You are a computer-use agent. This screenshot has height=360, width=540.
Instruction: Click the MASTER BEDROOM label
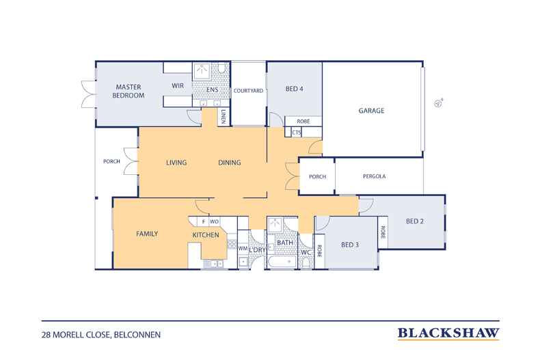128,92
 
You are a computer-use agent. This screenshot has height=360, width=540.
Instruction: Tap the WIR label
178,85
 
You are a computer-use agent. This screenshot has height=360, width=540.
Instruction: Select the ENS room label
212,89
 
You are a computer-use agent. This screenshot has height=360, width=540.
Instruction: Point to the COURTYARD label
248,91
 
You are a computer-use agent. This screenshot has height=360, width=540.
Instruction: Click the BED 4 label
295,89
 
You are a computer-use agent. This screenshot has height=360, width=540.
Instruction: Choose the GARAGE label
371,111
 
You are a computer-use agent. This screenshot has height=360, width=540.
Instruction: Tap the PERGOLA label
375,176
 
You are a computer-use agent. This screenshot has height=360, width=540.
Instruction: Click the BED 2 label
415,221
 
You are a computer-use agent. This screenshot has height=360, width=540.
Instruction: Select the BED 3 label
350,245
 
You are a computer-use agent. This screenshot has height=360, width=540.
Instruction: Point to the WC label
306,252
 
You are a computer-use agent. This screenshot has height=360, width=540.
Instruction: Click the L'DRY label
257,250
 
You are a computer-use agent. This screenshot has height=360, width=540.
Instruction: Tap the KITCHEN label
206,235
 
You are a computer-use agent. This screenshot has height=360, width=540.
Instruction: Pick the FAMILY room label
147,234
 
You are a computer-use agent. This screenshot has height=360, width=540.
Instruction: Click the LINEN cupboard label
223,116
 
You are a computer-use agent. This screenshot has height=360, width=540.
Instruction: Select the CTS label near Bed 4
296,133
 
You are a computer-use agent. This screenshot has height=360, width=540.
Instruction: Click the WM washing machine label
243,248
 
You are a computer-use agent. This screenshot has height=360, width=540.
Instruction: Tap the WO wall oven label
214,221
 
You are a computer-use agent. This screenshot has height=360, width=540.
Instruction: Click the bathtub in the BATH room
282,262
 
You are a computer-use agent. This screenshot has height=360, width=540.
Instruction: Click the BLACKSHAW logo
448,333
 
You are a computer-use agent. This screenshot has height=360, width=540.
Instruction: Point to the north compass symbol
438,103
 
